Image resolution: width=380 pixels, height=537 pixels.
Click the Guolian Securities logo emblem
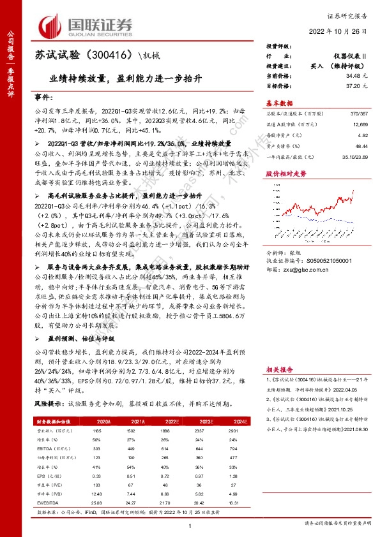coord(53,26)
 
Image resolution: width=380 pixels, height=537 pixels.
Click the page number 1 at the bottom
coord(190,526)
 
